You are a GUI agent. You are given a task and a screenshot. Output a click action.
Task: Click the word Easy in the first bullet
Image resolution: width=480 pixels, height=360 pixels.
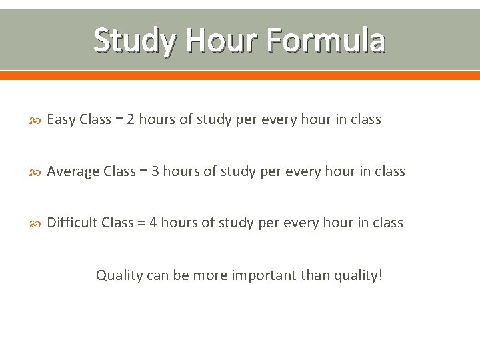(x=61, y=120)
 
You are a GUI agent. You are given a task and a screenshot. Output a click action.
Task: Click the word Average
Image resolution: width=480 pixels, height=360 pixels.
(x=74, y=172)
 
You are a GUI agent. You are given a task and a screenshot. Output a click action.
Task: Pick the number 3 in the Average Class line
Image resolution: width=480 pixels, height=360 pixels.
(x=155, y=172)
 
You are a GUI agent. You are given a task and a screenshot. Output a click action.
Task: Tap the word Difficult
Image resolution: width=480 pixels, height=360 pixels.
(x=73, y=223)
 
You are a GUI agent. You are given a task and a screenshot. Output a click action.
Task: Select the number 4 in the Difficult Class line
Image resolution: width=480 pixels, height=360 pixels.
(x=153, y=223)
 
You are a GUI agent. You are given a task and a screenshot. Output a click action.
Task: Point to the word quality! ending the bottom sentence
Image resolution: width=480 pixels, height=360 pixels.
(x=359, y=275)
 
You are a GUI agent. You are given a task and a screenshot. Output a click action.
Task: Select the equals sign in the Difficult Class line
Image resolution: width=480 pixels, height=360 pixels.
(x=141, y=223)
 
